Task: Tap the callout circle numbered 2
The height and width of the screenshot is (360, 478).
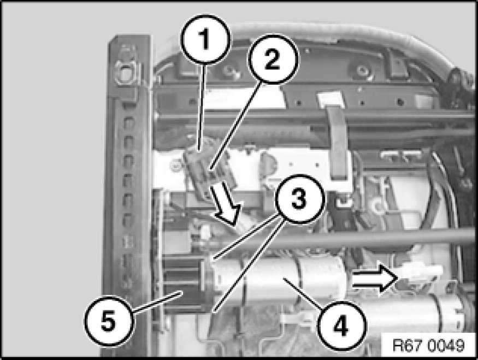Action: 273,59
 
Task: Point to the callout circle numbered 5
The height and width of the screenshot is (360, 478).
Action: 109,321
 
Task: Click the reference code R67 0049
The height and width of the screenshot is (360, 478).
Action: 428,346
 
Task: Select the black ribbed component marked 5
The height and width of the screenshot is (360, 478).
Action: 184,286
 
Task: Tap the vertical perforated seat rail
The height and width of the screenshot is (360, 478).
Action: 127,195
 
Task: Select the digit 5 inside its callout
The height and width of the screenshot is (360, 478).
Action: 109,321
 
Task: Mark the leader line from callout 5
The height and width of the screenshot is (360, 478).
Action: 157,302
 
